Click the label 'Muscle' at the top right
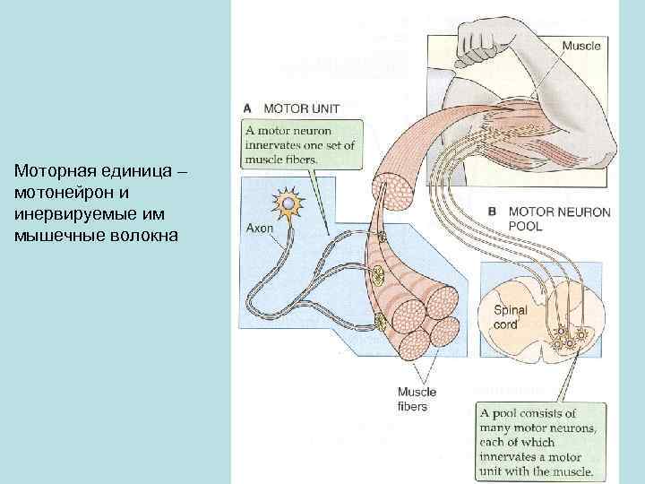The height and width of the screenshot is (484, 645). click(580, 44)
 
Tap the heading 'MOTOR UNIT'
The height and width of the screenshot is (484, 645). click(303, 109)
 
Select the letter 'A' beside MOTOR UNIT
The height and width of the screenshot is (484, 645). click(248, 109)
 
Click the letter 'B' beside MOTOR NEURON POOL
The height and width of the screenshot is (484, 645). click(492, 213)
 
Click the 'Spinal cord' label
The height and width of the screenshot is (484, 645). click(511, 317)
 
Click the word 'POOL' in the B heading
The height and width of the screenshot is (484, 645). click(527, 227)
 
